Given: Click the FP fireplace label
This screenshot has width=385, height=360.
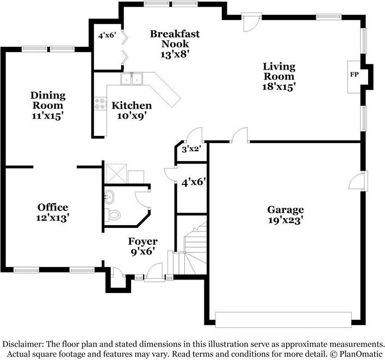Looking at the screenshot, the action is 354,75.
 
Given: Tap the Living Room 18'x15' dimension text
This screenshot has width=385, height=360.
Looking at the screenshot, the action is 279,86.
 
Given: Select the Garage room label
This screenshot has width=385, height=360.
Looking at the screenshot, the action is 285,210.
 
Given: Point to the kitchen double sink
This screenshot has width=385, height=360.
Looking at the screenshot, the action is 132,79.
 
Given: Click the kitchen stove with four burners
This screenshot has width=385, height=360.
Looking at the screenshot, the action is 101,103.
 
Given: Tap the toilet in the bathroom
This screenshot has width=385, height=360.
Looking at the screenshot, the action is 113,215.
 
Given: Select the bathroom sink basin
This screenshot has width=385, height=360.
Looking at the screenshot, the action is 109,198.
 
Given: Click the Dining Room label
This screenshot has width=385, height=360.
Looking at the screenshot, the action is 48,100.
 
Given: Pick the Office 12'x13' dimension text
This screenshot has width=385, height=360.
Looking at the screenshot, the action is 53,218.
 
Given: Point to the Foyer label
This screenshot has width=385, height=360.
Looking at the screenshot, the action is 142,241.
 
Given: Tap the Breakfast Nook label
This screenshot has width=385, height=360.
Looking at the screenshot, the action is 175,39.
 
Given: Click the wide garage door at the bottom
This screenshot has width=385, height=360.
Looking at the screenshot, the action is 283,319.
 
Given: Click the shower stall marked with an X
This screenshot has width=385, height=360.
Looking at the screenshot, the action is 116,173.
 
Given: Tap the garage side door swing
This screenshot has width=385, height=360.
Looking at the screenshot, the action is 358,181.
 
